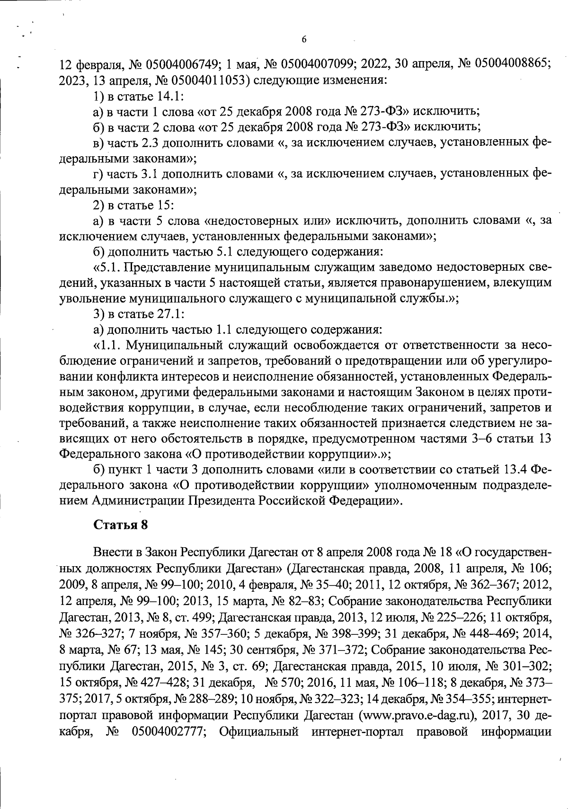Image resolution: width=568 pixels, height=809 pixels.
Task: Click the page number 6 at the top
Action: (x=304, y=40)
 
